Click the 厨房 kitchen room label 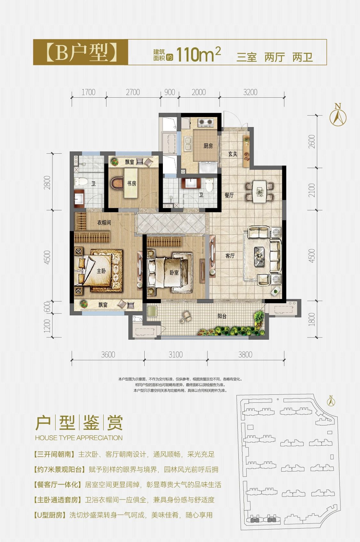click(x=208, y=146)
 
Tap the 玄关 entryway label click(x=233, y=154)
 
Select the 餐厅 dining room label click(x=229, y=195)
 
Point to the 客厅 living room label click(x=230, y=255)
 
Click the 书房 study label click(x=132, y=183)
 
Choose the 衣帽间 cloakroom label click(x=104, y=222)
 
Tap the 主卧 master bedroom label click(x=101, y=271)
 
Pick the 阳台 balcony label click(x=222, y=316)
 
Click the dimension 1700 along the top click(x=88, y=92)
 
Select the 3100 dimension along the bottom click(x=176, y=355)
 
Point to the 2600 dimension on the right click(x=312, y=142)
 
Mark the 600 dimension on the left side click(x=48, y=307)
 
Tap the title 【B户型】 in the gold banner click(x=81, y=52)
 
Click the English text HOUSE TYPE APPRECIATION click(x=79, y=438)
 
